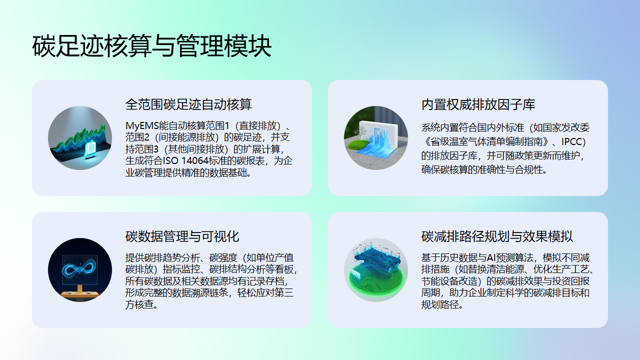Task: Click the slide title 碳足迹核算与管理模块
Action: pyautogui.click(x=151, y=46)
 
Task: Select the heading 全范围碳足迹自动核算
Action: pyautogui.click(x=188, y=104)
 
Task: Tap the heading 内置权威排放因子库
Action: pyautogui.click(x=478, y=104)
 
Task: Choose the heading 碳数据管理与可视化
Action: pyautogui.click(x=182, y=237)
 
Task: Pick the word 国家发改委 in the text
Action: pyautogui.click(x=570, y=128)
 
